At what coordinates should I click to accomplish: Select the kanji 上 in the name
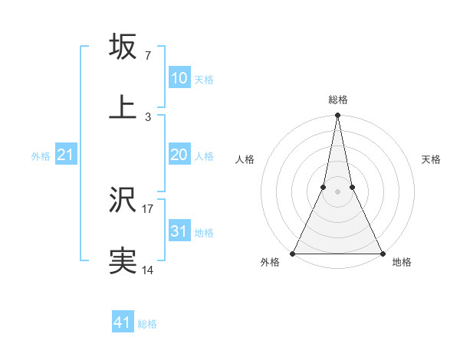pos(123,106)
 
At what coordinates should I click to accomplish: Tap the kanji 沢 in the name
pos(123,201)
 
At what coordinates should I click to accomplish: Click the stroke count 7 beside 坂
pos(147,56)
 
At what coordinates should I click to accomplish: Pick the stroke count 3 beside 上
pos(147,116)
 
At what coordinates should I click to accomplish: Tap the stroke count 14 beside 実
pos(147,270)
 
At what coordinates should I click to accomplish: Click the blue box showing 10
pos(179,78)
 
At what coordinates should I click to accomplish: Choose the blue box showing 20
pos(179,155)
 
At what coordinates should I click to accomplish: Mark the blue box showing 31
pos(179,231)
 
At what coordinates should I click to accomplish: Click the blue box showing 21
pos(66,155)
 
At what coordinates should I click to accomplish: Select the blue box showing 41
pos(122,322)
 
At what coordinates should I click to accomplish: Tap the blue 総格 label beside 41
pos(147,324)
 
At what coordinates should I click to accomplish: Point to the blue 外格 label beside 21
pos(41,156)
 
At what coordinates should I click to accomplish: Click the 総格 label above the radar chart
pos(337,100)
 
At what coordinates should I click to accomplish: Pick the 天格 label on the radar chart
pos(431,159)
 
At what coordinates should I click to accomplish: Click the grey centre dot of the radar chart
pos(337,191)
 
